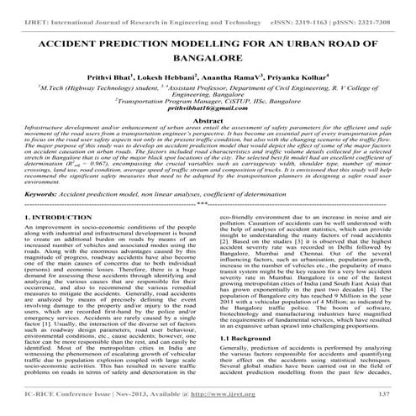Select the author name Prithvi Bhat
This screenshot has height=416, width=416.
[134, 76]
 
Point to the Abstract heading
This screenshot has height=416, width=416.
[208, 121]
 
